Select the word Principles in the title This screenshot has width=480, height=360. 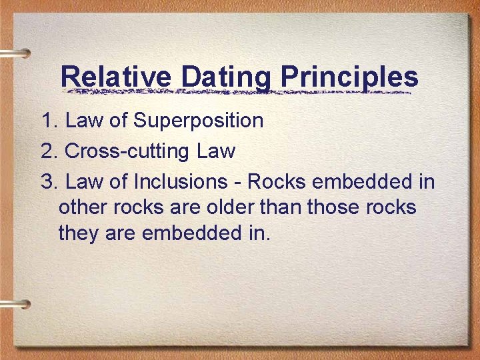coord(349,77)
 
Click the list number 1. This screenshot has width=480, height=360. coord(49,121)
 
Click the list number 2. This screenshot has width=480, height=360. coord(49,151)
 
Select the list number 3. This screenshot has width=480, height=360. coord(49,181)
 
